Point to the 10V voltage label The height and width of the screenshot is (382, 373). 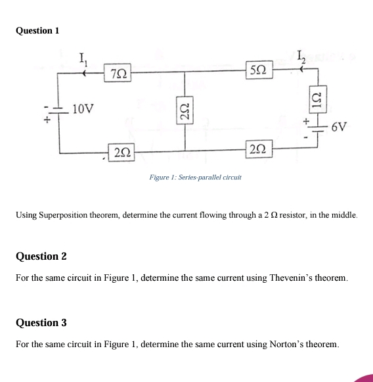pyautogui.click(x=84, y=108)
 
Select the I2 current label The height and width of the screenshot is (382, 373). pyautogui.click(x=299, y=57)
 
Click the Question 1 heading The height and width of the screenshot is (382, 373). pyautogui.click(x=37, y=30)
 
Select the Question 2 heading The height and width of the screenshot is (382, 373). pyautogui.click(x=41, y=256)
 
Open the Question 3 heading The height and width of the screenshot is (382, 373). pyautogui.click(x=41, y=323)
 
